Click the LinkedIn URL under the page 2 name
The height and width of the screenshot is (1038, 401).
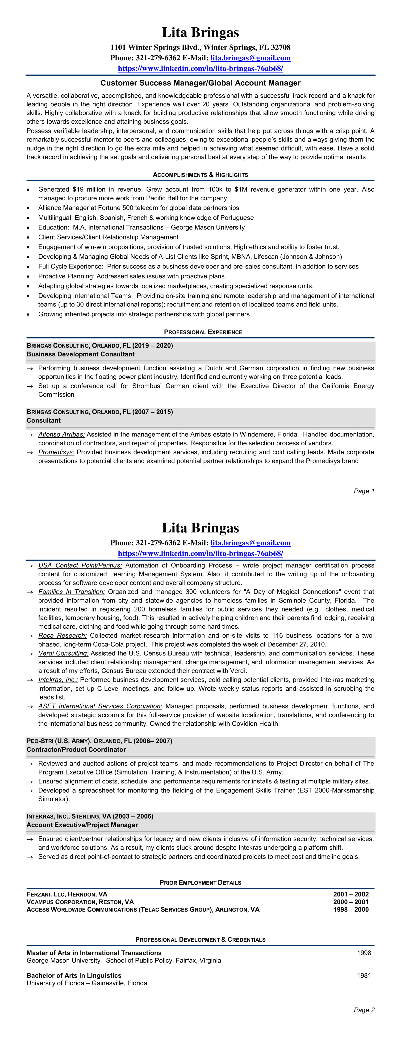(200, 553)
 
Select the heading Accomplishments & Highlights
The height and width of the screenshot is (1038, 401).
(200, 175)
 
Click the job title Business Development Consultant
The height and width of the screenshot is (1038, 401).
(81, 354)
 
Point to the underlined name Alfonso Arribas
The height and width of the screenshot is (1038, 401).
(61, 434)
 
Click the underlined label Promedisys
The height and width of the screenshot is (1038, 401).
(56, 452)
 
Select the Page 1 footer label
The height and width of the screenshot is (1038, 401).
(364, 491)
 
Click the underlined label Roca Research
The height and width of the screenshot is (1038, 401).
(63, 636)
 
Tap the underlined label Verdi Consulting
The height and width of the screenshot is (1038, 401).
(63, 653)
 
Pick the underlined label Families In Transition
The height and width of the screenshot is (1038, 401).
(71, 591)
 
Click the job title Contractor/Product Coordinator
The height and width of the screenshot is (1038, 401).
(76, 749)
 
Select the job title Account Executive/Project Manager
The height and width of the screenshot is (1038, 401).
(82, 825)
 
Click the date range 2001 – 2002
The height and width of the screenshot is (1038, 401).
(351, 894)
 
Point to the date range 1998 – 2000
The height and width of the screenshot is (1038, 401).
(351, 909)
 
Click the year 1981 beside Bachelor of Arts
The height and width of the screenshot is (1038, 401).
(364, 975)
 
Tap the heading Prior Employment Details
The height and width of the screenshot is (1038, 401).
(200, 883)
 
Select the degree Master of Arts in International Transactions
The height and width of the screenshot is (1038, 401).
(94, 953)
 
